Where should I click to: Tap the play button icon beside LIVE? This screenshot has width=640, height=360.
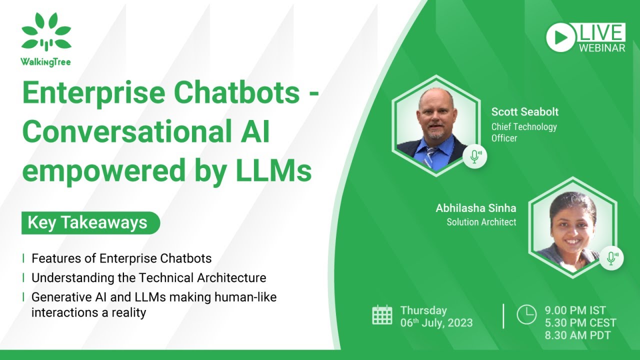click(x=560, y=37)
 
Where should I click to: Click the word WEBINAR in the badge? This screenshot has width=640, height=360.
click(x=602, y=48)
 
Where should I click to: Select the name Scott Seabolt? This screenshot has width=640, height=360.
click(x=524, y=111)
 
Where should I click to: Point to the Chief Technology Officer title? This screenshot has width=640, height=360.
click(x=523, y=132)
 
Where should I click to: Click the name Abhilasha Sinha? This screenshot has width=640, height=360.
click(x=475, y=208)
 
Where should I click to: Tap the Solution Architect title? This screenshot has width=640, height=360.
click(x=481, y=222)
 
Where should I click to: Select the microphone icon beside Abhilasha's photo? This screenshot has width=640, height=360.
click(x=611, y=258)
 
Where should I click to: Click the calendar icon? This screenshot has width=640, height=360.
click(x=382, y=315)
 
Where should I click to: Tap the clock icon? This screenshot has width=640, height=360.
click(x=526, y=314)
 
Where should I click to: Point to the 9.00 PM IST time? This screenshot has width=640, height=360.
click(x=575, y=310)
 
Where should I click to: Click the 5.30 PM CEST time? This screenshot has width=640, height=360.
click(x=580, y=323)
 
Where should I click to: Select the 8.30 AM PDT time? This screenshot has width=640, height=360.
click(x=577, y=335)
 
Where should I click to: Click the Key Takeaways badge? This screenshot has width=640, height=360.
click(x=90, y=222)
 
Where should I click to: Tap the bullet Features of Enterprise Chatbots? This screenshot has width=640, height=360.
click(x=121, y=258)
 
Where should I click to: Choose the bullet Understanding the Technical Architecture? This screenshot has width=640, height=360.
click(x=148, y=277)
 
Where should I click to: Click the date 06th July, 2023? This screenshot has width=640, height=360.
click(x=436, y=323)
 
